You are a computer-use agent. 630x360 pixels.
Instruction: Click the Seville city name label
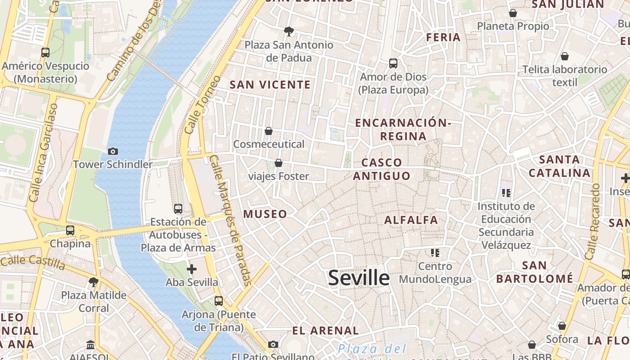359,278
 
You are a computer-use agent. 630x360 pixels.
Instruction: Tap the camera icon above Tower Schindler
113,151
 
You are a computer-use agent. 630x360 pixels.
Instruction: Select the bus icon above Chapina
70,230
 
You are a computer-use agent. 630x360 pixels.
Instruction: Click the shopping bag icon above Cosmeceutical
269,131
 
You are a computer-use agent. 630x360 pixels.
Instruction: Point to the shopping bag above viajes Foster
279,163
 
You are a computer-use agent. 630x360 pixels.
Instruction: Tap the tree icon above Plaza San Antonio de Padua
288,31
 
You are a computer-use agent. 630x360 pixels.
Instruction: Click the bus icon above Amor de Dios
393,63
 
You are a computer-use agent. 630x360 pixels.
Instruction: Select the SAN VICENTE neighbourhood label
270,85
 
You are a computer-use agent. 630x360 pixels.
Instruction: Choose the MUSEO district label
265,214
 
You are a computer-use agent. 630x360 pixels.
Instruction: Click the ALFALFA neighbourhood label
411,220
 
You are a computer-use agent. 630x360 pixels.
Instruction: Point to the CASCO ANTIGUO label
382,169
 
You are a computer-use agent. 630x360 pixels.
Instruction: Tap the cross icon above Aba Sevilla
192,270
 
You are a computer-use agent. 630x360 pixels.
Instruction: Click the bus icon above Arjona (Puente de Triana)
219,301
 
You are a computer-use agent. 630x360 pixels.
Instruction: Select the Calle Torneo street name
202,104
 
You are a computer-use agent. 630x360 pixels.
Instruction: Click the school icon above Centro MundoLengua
435,253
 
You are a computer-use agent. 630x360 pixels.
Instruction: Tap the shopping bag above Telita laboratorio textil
564,56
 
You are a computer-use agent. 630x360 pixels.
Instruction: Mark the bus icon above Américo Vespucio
45,53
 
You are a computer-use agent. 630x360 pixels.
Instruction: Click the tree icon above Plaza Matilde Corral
94,282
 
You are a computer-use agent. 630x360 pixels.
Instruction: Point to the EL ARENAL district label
325,331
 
